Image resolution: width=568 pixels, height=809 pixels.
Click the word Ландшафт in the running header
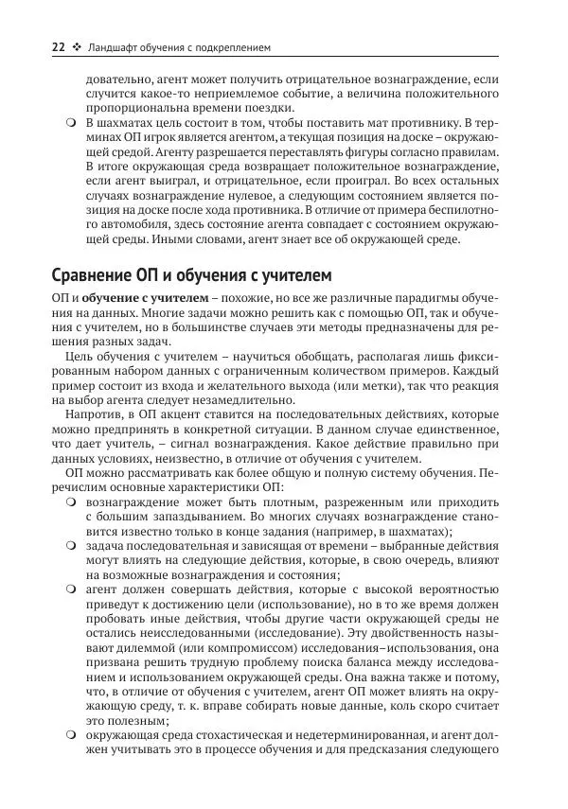pyautogui.click(x=115, y=44)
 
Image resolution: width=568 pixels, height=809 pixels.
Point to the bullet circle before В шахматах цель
pyautogui.click(x=70, y=124)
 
